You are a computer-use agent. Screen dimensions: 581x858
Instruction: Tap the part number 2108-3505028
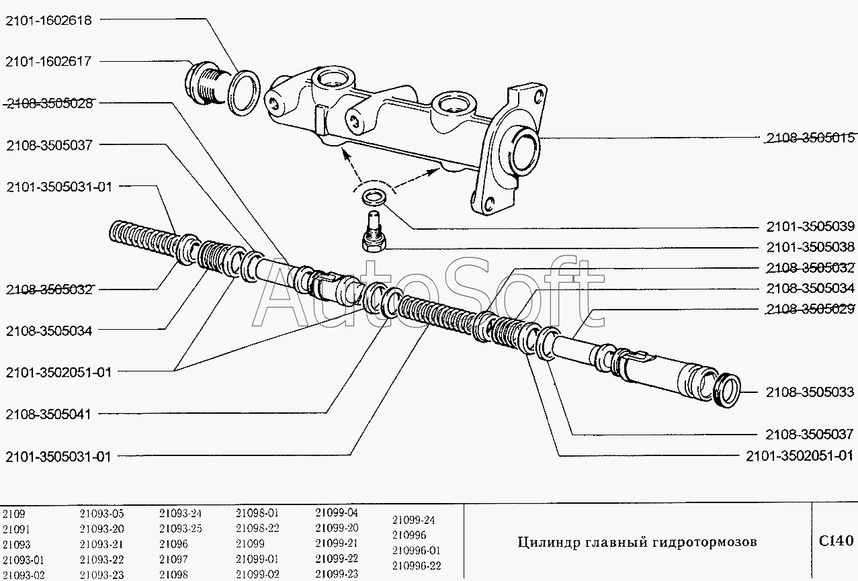[x=52, y=103]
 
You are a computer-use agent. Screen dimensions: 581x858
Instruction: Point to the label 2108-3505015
[x=810, y=138]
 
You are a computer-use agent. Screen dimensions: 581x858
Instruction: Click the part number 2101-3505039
[x=810, y=226]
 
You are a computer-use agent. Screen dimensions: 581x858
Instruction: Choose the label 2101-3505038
[x=810, y=247]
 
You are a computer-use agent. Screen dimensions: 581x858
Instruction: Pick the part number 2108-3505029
[x=810, y=309]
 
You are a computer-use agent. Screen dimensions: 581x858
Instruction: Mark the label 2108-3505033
[x=810, y=392]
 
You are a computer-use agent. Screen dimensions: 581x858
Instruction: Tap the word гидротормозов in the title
[x=705, y=542]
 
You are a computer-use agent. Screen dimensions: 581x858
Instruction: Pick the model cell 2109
[x=13, y=515]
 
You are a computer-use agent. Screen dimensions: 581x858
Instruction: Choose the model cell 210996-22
[x=417, y=565]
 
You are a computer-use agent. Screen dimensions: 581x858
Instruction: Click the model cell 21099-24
[x=413, y=520]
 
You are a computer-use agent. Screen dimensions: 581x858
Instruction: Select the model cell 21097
[x=173, y=559]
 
